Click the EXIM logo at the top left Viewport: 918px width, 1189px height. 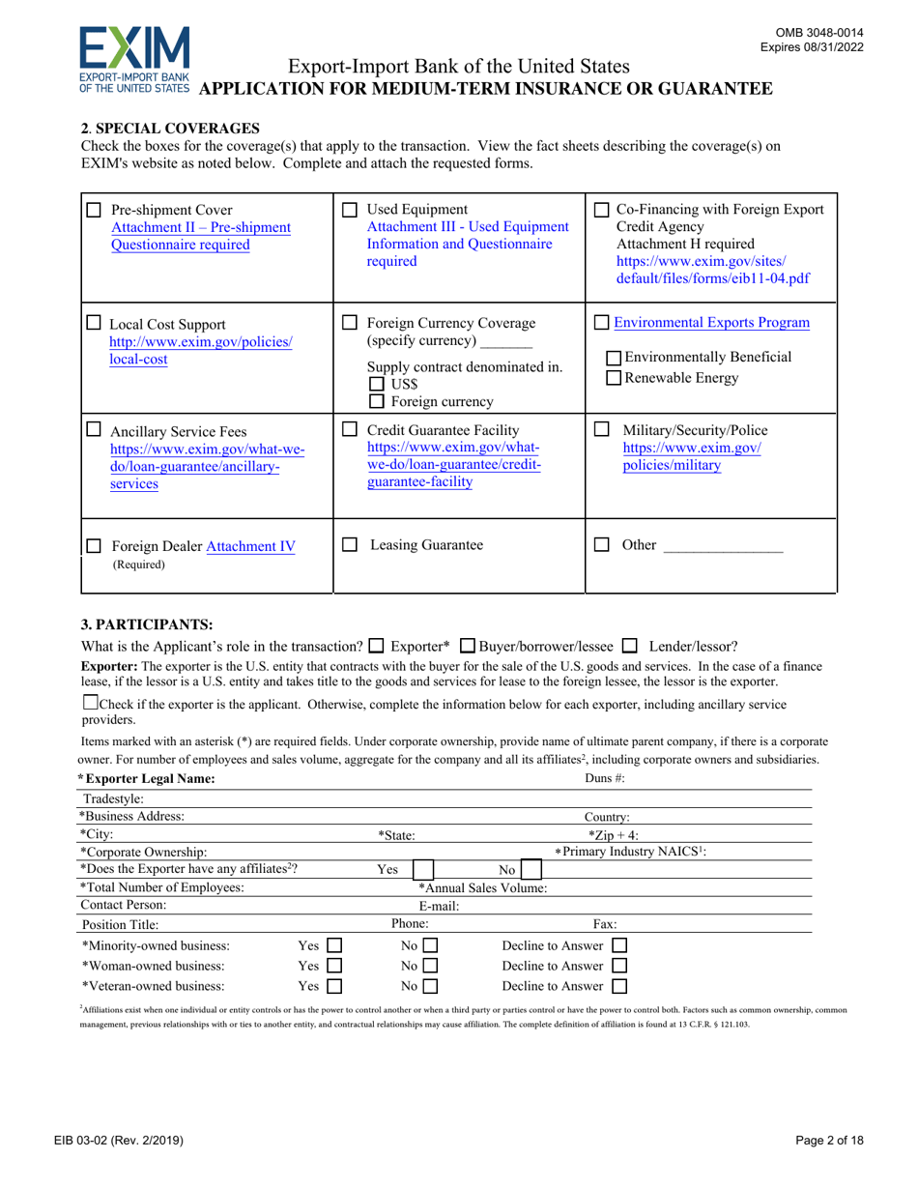click(x=133, y=59)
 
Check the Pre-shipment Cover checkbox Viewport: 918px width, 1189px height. click(x=94, y=210)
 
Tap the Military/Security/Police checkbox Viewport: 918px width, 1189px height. click(x=601, y=428)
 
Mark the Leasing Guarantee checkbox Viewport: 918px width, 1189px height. click(x=352, y=545)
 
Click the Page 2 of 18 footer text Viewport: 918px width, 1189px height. click(x=822, y=1141)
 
